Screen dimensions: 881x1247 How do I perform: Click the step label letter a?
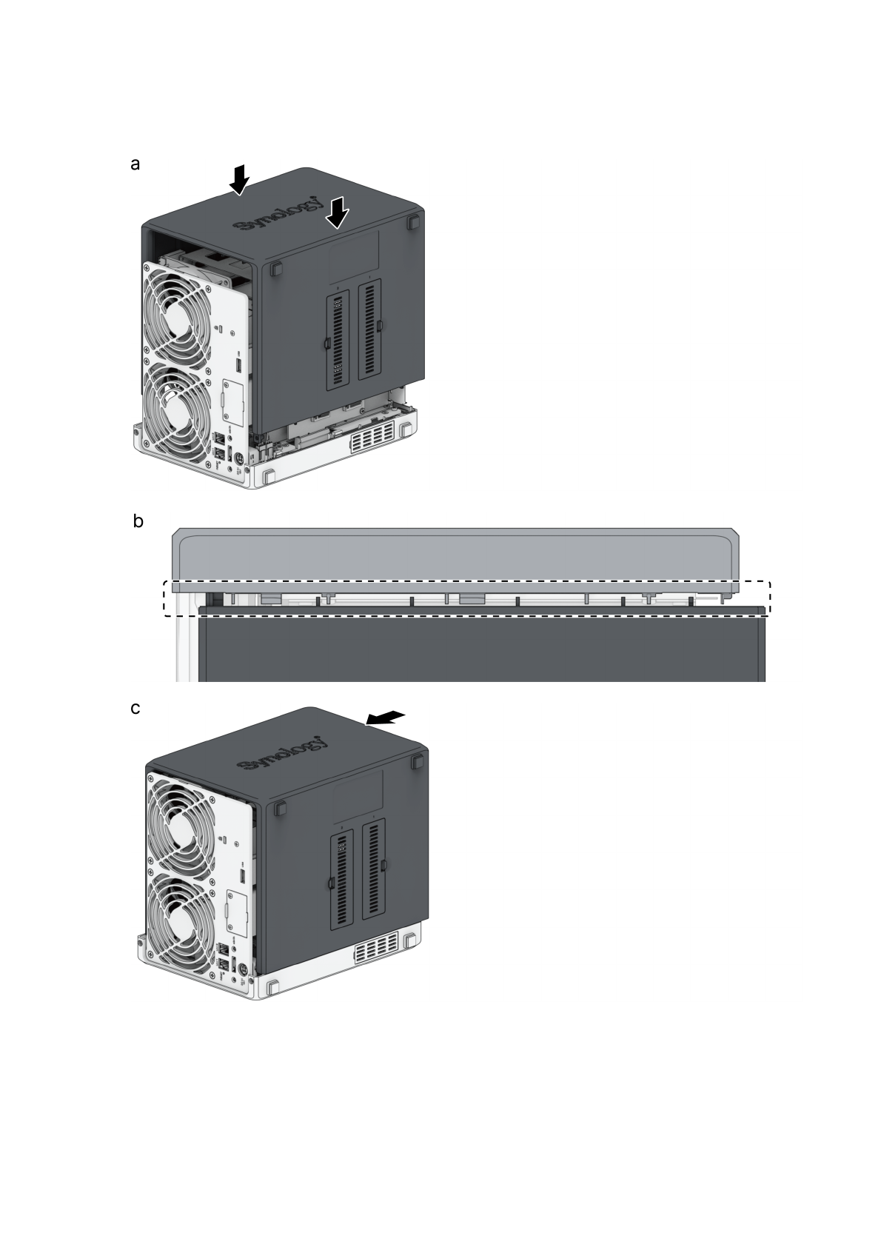tap(135, 164)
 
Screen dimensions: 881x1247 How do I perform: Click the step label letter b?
tap(138, 521)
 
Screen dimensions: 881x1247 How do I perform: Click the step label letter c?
tap(135, 708)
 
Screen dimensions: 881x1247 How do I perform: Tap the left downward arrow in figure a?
tap(240, 179)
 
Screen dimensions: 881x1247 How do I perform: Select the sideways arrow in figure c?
tap(385, 718)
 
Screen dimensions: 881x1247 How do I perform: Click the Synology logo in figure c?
tap(282, 754)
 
